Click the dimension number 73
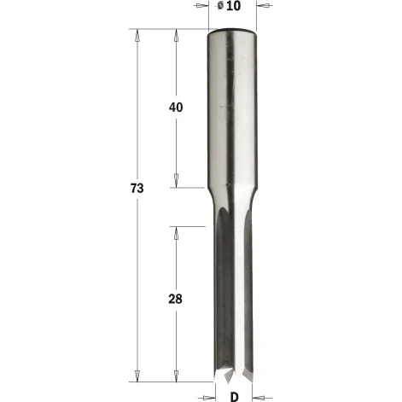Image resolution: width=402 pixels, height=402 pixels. (x=137, y=189)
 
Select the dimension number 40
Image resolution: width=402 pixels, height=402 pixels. (x=176, y=108)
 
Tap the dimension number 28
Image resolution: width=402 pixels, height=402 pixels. (x=176, y=299)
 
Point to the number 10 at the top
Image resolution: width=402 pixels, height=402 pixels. (x=234, y=6)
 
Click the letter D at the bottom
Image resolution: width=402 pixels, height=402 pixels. (x=234, y=397)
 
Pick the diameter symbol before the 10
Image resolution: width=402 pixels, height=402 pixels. (x=220, y=6)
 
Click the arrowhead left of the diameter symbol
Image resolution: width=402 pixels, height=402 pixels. (x=202, y=5)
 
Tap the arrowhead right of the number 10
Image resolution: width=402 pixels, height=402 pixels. (x=263, y=5)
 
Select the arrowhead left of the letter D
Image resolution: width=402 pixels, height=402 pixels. (x=209, y=398)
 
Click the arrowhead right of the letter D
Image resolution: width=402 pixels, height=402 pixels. (x=259, y=398)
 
